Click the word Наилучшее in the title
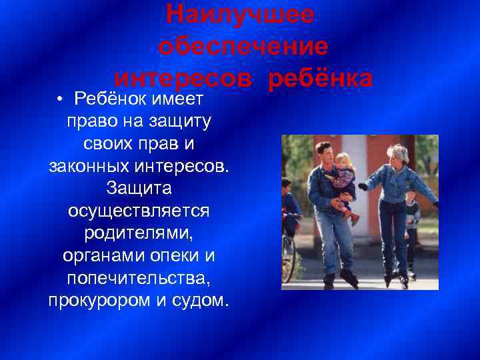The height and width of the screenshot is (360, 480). click(x=239, y=14)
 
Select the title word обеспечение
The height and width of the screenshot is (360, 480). click(x=244, y=47)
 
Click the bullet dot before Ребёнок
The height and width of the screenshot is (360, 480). click(x=60, y=100)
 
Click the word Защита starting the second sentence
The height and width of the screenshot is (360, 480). click(x=139, y=188)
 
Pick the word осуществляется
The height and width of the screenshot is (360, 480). click(x=139, y=211)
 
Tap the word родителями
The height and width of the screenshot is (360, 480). click(x=139, y=233)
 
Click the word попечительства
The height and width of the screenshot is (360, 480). click(x=139, y=278)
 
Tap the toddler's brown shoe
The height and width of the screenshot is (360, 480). click(x=355, y=218)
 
